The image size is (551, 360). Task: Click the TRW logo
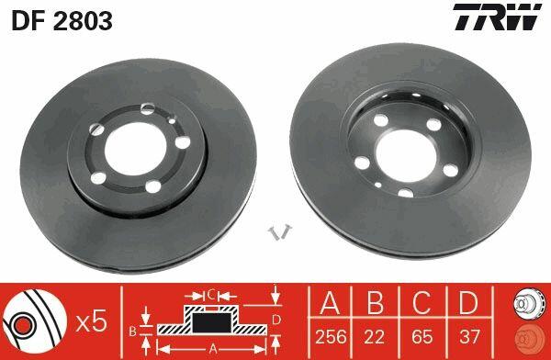tap(497, 17)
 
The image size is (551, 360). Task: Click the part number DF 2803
tap(62, 21)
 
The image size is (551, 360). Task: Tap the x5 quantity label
tap(91, 322)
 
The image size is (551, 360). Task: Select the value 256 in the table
tap(331, 336)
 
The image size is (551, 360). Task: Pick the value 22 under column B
tap(374, 336)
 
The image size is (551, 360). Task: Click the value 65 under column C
tap(422, 336)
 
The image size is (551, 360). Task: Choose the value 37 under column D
tap(469, 336)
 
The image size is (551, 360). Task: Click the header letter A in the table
tap(330, 303)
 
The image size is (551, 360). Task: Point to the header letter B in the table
tap(375, 303)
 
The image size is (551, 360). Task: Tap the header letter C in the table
tap(422, 303)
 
